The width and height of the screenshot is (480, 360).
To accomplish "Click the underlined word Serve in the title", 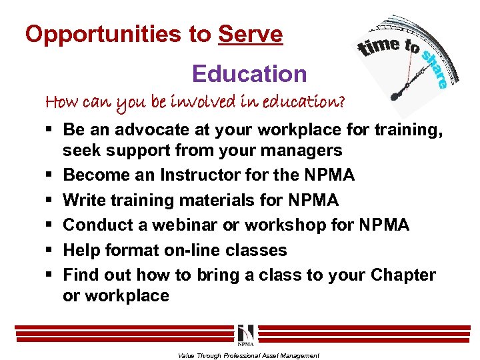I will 250,35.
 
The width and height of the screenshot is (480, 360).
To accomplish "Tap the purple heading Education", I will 249,73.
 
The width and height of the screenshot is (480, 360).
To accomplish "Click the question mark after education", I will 341,102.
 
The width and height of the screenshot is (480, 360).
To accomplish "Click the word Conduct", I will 100,225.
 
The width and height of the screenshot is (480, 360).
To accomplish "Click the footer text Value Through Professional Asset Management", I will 248,355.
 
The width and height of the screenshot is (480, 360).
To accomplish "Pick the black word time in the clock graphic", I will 381,47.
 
